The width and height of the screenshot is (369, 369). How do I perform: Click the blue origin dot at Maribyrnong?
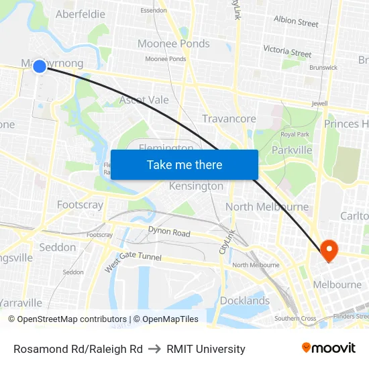click(40, 66)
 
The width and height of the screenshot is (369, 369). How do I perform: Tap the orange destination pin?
click(329, 250)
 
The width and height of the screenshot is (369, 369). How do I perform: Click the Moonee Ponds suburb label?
click(173, 44)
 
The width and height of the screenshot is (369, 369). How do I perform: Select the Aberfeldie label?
click(80, 14)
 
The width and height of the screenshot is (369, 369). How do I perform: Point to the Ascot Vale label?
click(144, 100)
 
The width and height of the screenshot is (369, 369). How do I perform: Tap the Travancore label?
click(229, 119)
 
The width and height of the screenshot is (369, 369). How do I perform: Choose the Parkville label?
click(292, 150)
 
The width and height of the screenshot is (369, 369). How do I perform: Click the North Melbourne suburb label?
click(267, 207)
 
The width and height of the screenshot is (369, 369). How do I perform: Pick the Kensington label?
click(196, 186)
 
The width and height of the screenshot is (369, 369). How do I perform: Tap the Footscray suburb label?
click(80, 205)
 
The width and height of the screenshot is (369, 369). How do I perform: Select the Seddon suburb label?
click(58, 247)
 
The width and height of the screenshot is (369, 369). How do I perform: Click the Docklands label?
click(245, 301)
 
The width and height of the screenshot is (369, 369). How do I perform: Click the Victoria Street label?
click(287, 51)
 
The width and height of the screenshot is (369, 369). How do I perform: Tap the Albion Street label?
click(296, 21)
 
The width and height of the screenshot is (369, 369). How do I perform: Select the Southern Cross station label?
click(295, 319)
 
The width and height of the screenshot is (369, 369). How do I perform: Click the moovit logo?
click(329, 348)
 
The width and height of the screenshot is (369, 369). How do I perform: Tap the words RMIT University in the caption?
click(206, 349)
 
